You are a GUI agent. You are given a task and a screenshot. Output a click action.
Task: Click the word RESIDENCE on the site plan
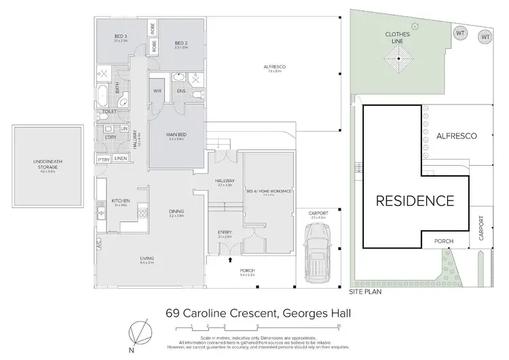[415, 201]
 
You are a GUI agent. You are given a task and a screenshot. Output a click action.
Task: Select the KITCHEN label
[121, 200]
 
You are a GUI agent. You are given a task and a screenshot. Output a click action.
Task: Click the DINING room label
[176, 212]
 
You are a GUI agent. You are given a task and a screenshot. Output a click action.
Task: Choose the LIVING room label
[147, 259]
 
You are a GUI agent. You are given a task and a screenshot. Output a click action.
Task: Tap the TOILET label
[110, 111]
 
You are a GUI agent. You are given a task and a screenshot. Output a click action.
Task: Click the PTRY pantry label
[104, 159]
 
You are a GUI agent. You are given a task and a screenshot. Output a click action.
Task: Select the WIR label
[157, 90]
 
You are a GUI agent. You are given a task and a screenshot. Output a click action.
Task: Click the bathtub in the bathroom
[103, 92]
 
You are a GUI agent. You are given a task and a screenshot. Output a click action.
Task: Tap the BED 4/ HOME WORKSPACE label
[268, 192]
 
